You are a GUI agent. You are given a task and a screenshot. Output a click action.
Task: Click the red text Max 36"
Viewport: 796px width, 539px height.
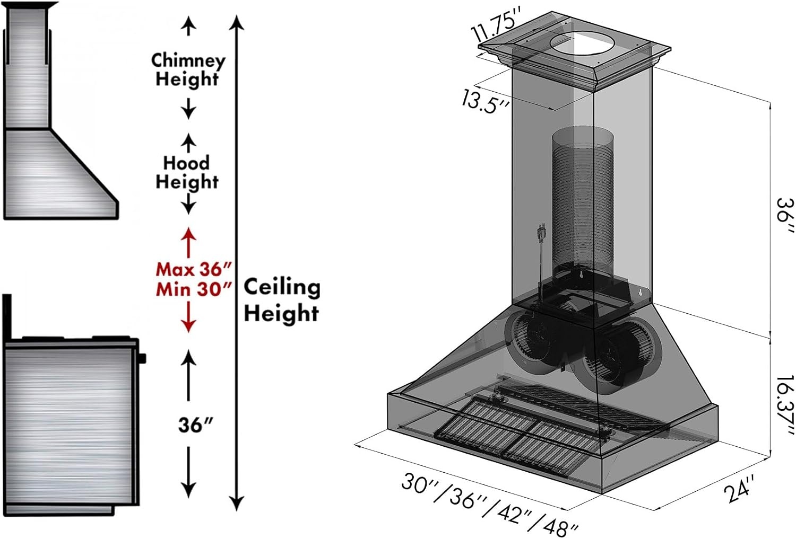tap(194, 269)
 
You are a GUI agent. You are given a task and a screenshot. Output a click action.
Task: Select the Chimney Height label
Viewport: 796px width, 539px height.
tap(188, 70)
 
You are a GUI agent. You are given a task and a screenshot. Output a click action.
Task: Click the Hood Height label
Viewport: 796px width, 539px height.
tap(187, 173)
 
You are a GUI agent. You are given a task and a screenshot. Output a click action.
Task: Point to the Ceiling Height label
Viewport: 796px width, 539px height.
tap(282, 300)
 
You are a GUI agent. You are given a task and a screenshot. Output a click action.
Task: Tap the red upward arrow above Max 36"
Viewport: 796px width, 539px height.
tap(188, 243)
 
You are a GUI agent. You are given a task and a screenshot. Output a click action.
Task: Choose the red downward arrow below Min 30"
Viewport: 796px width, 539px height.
tap(188, 317)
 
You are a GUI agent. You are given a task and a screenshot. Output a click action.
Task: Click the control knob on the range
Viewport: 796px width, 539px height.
tap(142, 358)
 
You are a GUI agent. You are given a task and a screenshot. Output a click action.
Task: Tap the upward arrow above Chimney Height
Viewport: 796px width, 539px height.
tap(188, 26)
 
